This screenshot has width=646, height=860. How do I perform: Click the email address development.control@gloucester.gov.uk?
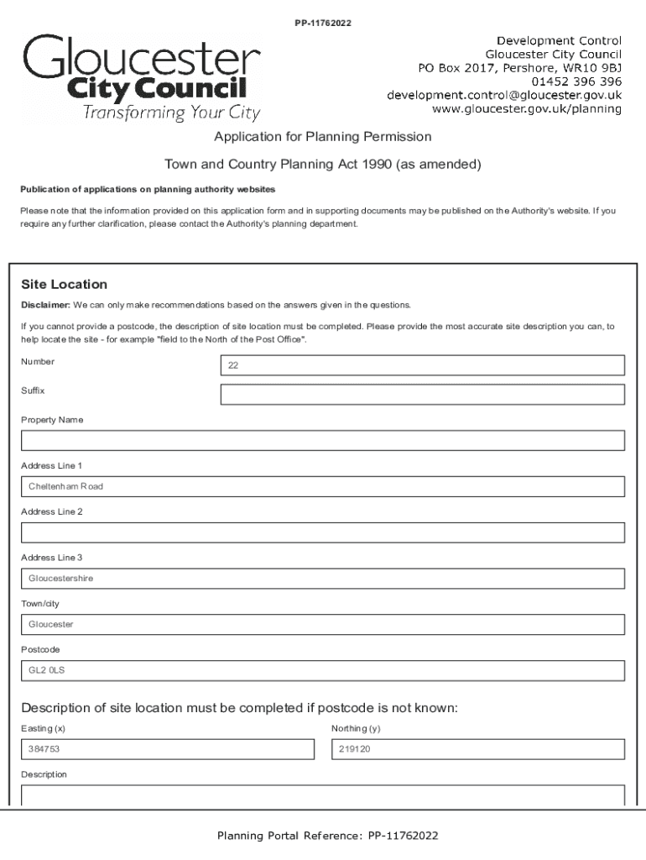click(503, 95)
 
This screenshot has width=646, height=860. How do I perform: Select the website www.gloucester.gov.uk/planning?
click(526, 109)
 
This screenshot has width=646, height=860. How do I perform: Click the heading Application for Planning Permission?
click(322, 136)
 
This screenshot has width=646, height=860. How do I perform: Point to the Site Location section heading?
click(64, 284)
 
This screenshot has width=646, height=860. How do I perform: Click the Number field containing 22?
click(422, 365)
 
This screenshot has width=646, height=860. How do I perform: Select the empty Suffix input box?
click(422, 395)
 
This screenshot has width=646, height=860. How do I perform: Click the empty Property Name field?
click(322, 441)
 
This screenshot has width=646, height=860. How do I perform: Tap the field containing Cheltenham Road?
click(322, 486)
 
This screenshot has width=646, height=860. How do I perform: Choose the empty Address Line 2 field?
click(322, 532)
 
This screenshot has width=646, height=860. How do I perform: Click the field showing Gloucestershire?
click(322, 579)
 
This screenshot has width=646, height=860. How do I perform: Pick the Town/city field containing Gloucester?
click(322, 625)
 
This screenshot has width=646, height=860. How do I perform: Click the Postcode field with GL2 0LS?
click(322, 670)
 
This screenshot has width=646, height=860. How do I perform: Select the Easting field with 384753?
click(167, 749)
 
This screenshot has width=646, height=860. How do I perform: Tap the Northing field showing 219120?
click(478, 749)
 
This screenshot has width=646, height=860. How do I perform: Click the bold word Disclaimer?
click(45, 305)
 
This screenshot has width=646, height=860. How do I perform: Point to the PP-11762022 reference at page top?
click(322, 23)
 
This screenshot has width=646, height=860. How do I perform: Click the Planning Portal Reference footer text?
click(327, 836)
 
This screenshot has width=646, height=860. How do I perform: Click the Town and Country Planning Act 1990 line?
click(322, 165)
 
